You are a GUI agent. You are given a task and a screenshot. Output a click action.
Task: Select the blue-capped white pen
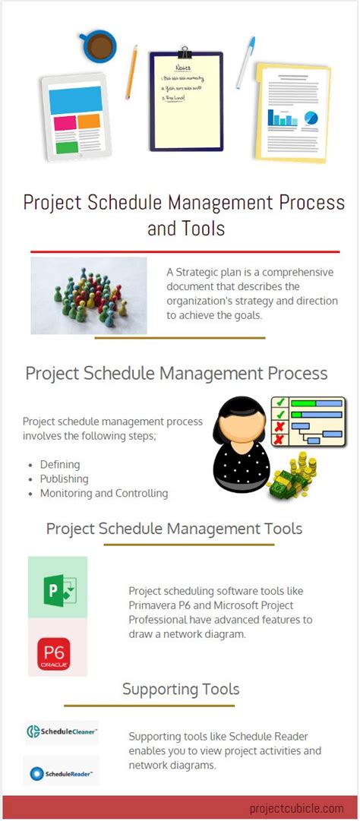click(245, 62)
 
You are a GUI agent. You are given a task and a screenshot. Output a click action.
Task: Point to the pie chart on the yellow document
click(311, 118)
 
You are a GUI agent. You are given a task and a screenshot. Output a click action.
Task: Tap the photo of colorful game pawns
click(89, 296)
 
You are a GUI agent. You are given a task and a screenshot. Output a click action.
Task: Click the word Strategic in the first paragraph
click(201, 272)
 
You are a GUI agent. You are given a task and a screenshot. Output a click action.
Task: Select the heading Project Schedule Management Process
click(176, 374)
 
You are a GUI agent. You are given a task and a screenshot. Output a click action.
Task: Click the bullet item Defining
click(60, 464)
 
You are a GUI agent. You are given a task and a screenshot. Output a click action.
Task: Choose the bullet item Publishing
click(64, 478)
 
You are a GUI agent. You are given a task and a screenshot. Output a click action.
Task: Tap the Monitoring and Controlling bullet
click(103, 493)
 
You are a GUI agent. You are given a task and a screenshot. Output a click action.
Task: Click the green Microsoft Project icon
click(58, 587)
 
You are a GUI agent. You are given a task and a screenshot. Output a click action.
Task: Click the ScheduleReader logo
click(62, 774)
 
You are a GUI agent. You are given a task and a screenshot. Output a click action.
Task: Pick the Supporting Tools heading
click(181, 690)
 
